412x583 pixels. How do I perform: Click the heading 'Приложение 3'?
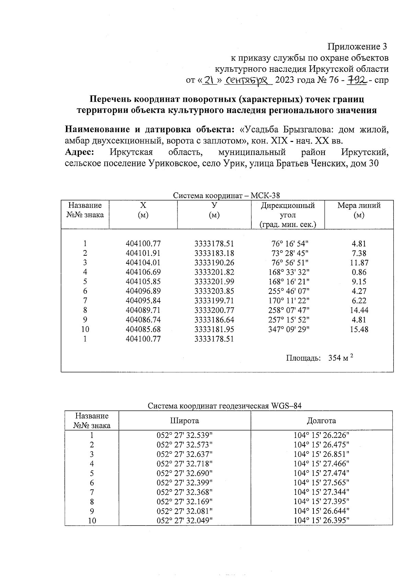pos(358,46)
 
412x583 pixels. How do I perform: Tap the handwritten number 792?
pos(357,80)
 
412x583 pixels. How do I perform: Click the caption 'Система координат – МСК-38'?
pos(226,196)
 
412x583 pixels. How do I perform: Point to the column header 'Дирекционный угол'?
pos(288,210)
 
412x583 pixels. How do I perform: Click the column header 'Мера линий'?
pos(359,206)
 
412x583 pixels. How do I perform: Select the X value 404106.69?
pos(143,272)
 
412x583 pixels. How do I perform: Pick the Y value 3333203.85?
pos(214,291)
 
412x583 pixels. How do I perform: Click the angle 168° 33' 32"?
pos(289,272)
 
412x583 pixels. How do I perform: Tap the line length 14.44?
pos(359,310)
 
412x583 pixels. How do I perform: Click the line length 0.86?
pos(359,272)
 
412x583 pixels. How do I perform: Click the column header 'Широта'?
pos(184,421)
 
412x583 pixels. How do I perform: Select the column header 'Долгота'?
pos(321,421)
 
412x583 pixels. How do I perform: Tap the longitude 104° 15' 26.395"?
pos(321,520)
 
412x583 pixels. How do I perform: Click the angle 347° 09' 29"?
pos(289,329)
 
